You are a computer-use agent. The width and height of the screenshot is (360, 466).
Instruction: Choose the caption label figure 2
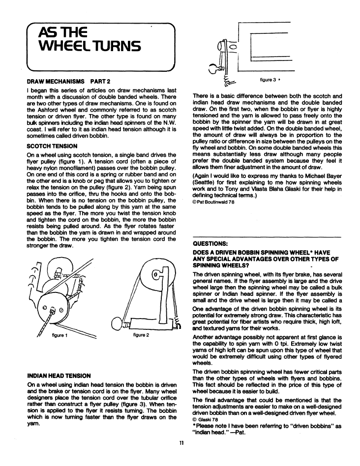click(141, 335)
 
